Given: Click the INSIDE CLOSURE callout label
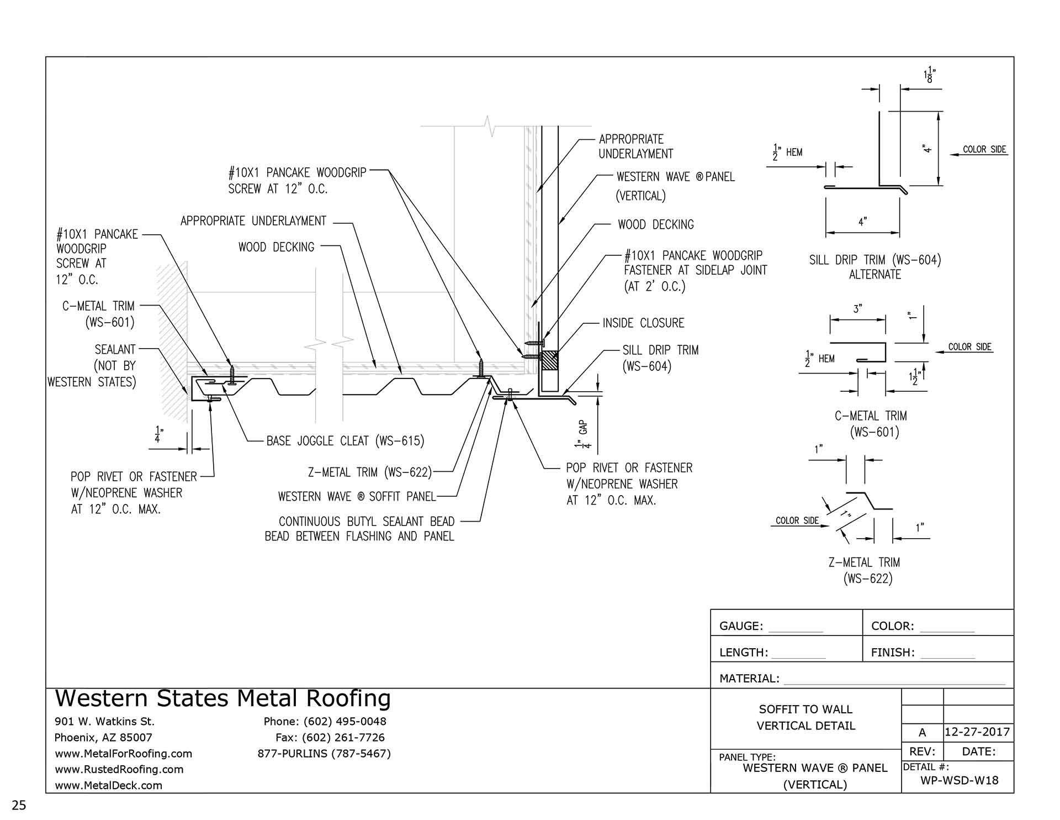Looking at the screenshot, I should tap(643, 323).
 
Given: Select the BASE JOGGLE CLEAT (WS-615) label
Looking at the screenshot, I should tap(345, 441).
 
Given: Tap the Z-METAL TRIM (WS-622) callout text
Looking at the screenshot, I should tap(369, 472).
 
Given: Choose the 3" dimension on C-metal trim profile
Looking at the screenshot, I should tap(857, 309).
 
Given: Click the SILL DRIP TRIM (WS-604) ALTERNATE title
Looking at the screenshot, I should tap(875, 267).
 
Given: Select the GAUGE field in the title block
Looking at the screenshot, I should tap(741, 626).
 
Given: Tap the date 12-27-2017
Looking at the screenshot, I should tap(977, 732).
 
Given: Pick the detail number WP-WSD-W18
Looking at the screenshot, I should tap(960, 780).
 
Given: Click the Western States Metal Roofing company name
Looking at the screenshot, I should tap(223, 698).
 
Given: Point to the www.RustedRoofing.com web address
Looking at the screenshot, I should tap(119, 769).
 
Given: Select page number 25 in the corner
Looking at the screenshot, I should tap(19, 805).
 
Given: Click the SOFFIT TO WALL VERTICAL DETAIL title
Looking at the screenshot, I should tap(805, 717).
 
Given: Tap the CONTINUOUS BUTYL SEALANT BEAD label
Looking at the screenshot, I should tap(366, 522).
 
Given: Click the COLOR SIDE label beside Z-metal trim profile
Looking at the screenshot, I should tap(797, 521).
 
